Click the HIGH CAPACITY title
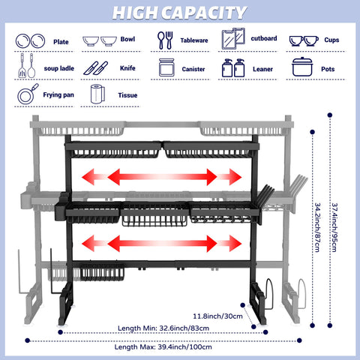pos(180,13)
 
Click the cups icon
pos(304,40)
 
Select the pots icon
pos(303,67)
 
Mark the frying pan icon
pos(26,95)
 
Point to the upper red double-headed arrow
pos(163,177)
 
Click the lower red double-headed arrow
pos(163,244)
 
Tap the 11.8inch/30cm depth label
pos(217,315)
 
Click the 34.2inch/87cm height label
pos(319,225)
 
